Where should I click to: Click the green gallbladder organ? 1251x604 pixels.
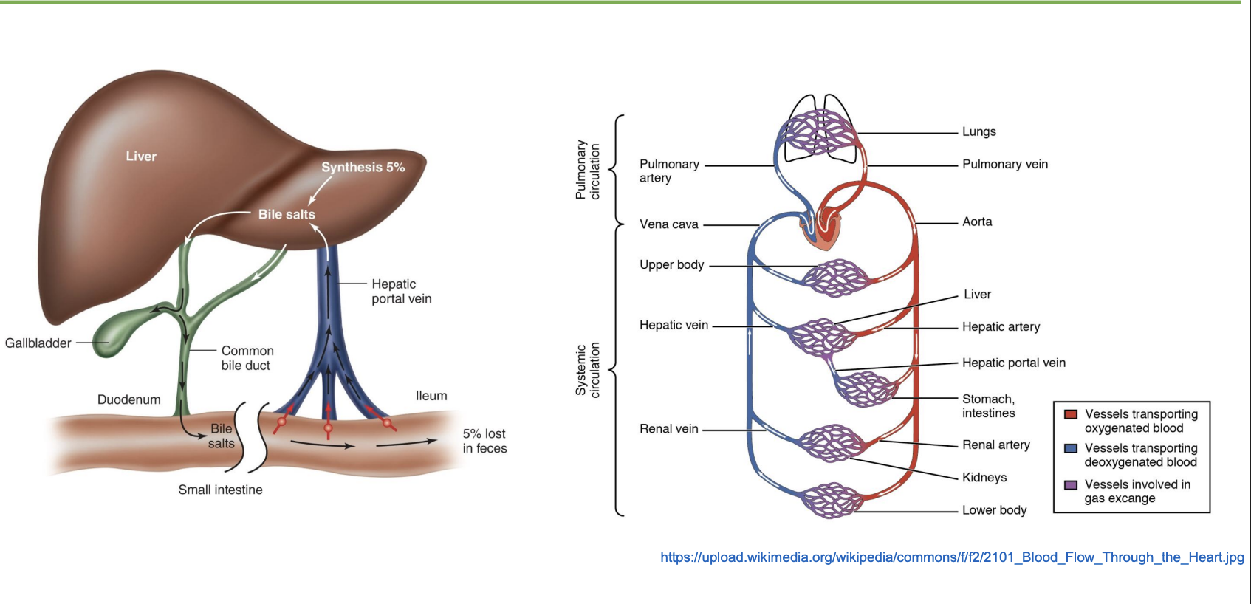(118, 336)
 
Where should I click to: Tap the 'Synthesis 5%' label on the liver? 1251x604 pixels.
(363, 168)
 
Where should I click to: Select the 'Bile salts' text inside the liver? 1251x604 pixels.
(287, 214)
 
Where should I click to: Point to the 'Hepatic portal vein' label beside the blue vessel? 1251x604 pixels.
(401, 292)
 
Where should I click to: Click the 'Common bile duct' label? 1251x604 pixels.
(247, 358)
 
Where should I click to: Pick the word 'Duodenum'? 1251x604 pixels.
(128, 399)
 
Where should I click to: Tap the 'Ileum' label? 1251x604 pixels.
(431, 396)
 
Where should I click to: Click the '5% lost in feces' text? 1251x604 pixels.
(484, 441)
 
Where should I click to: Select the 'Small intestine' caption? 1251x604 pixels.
(220, 490)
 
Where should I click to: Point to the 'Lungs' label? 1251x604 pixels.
(978, 131)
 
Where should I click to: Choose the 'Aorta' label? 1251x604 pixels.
(976, 222)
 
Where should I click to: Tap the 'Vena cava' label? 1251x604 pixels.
(668, 224)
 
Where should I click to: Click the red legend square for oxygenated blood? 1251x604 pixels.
(1070, 414)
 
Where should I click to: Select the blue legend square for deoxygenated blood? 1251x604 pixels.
(1070, 448)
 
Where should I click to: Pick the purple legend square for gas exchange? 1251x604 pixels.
(1070, 485)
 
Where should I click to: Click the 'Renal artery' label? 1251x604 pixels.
(995, 445)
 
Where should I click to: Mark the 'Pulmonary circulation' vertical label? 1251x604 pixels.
(588, 171)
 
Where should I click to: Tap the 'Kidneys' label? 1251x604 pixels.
(984, 477)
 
